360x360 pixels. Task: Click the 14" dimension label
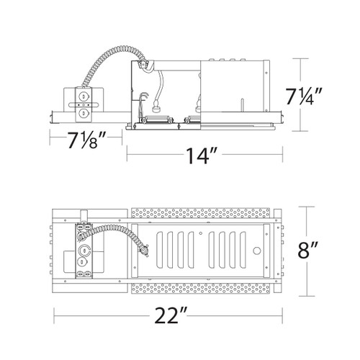point(202,156)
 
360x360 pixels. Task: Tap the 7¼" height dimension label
point(303,96)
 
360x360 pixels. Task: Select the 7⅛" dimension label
point(86,140)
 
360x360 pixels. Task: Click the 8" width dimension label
point(307,251)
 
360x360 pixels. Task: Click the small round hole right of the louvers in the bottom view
point(257,251)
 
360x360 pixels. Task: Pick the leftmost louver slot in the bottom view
point(159,250)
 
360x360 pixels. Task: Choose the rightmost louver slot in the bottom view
point(243,250)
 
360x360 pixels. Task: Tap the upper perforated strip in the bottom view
point(201,213)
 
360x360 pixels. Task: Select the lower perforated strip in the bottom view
point(201,288)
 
